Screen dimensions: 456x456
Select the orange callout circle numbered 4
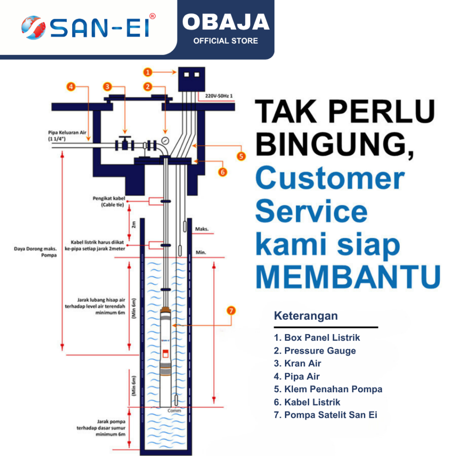pos(71,87)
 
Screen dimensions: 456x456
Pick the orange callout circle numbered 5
pos(241,156)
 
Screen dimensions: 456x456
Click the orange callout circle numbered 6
pos(223,171)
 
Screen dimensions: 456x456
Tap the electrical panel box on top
pos(191,80)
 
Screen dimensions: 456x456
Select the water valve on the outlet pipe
pos(126,143)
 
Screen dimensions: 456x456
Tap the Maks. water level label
pos(201,230)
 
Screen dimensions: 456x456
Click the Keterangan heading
pos(305,316)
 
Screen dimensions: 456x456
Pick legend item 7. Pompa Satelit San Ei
pos(326,415)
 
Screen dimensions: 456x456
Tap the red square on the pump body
pos(165,354)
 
